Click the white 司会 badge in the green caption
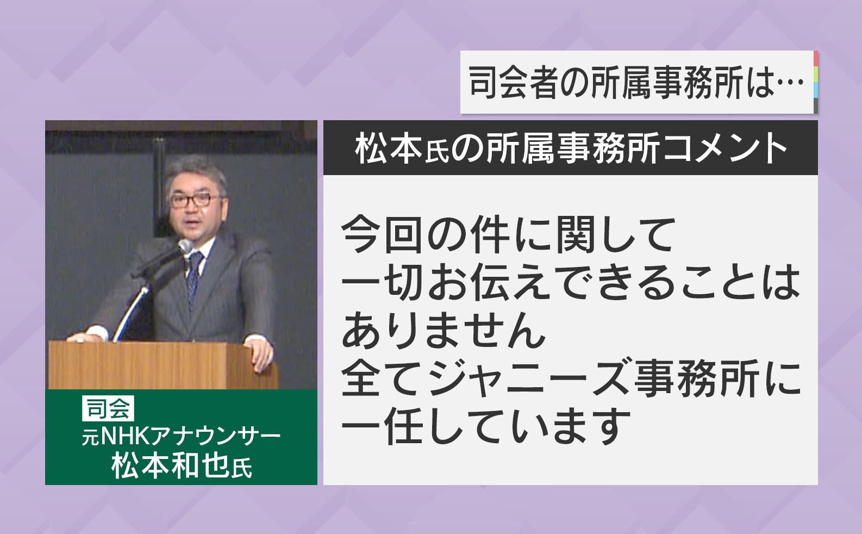coord(108,408)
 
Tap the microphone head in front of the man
coord(185,246)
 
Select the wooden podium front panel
coord(161,366)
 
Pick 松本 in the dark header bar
coord(389,148)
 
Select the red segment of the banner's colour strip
coord(816,58)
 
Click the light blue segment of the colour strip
coord(816,90)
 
